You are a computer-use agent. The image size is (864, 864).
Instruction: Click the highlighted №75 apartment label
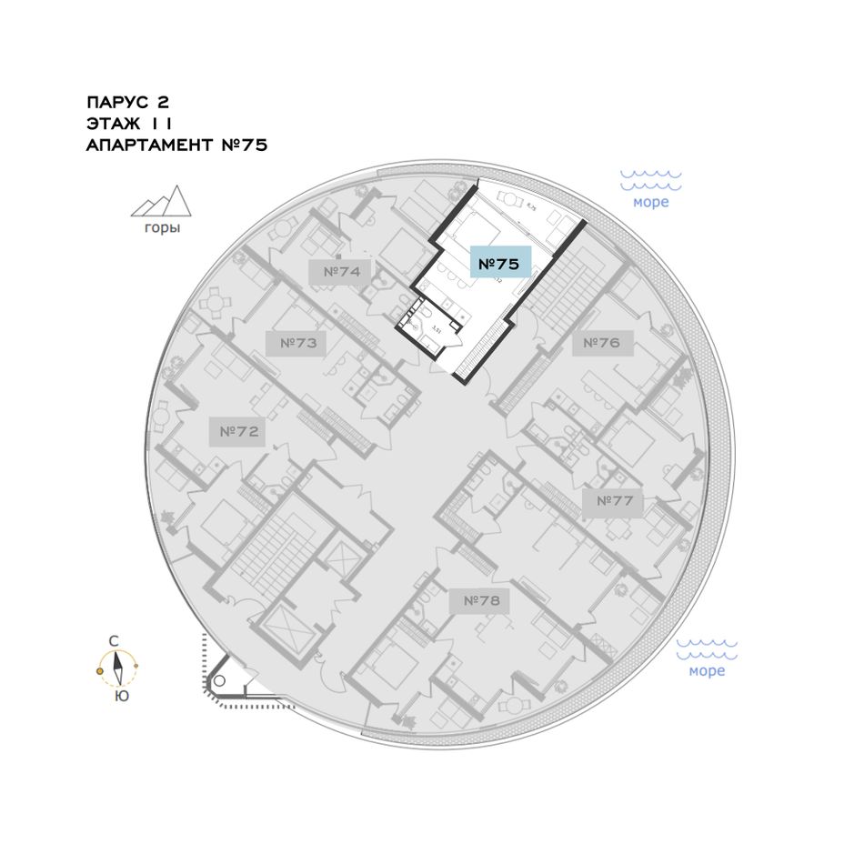(498, 265)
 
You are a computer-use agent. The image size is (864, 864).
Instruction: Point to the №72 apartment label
(239, 431)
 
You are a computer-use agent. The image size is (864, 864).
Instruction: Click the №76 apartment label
(601, 343)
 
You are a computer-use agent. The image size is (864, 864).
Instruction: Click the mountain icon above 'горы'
(161, 202)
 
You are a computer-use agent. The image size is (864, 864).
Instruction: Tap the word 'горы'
(162, 228)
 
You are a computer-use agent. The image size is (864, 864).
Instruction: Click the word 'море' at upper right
(651, 202)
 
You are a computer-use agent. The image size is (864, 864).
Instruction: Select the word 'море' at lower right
(707, 671)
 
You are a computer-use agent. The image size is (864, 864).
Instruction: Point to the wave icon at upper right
(651, 178)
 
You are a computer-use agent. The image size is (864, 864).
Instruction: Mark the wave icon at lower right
(707, 648)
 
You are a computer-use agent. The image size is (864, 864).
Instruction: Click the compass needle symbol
(117, 669)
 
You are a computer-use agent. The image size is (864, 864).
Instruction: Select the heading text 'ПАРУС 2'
(127, 102)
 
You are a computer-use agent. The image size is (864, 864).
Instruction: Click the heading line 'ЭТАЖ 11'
(129, 123)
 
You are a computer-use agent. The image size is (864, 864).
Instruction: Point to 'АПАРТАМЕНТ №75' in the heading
(176, 145)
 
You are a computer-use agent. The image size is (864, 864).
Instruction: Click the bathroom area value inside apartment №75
(436, 328)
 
